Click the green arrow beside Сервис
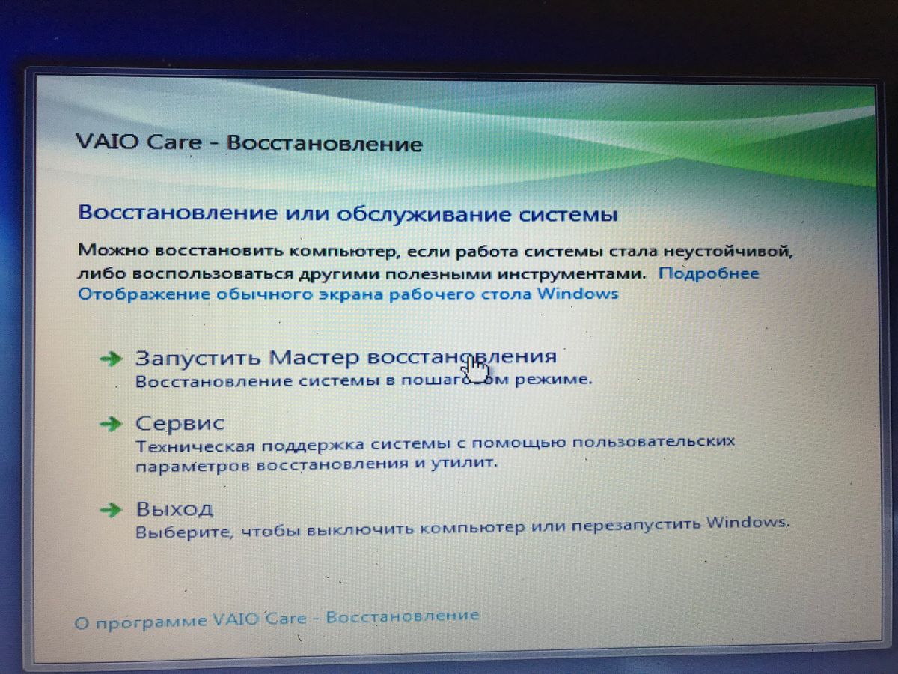coord(111,424)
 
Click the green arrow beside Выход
coord(111,510)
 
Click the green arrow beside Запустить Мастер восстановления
coord(111,359)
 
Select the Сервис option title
coord(180,423)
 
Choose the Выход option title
coord(174,509)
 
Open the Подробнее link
coord(709,273)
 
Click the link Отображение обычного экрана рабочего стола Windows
coord(348,294)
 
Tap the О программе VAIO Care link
coord(277,619)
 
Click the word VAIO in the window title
coord(108,142)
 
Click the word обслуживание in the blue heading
coord(424,214)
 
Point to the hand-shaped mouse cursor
coord(474,370)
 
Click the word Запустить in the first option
coord(198,358)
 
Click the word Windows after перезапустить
coord(747,523)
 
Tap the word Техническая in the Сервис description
coord(195,446)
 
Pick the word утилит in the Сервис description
coord(464,463)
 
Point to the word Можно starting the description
coord(113,249)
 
